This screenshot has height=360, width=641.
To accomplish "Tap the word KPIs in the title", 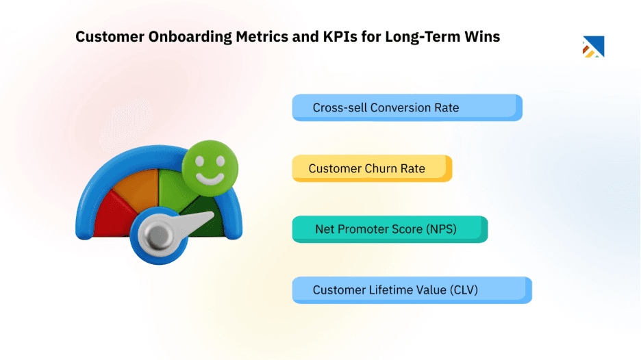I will [338, 37].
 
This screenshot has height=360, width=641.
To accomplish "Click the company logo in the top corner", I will [593, 47].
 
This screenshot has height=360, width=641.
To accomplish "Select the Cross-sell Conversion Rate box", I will [407, 107].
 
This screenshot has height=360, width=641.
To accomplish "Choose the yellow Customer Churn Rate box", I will [372, 168].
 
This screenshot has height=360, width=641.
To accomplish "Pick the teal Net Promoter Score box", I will [389, 229].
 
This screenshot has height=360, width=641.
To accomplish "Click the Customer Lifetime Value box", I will [411, 290].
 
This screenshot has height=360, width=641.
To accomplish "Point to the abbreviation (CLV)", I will [464, 290].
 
